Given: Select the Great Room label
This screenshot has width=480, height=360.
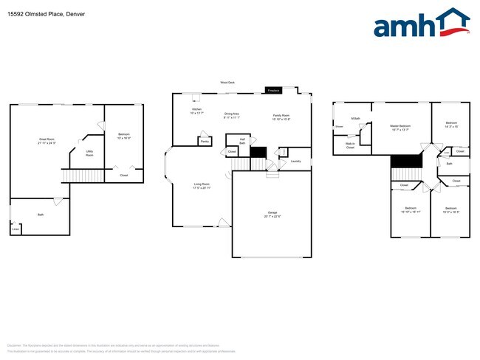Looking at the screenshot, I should [47, 140].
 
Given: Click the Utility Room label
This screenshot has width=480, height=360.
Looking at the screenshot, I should [89, 154].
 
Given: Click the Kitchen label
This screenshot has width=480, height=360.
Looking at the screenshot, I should [196, 111].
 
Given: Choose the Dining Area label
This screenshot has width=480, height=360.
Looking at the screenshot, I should [232, 115].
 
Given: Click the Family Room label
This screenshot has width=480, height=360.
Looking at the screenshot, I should [281, 117].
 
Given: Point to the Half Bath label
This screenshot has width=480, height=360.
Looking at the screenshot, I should [241, 141].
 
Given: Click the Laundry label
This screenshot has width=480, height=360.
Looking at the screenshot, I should [295, 161].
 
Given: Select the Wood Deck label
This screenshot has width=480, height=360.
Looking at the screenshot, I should [227, 83].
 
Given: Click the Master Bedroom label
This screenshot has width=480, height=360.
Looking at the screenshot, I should [400, 127].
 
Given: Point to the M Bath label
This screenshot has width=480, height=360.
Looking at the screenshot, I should [355, 118].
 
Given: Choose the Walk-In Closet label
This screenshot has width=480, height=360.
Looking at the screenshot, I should [350, 146].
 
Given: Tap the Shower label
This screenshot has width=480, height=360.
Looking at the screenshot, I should [339, 127].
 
